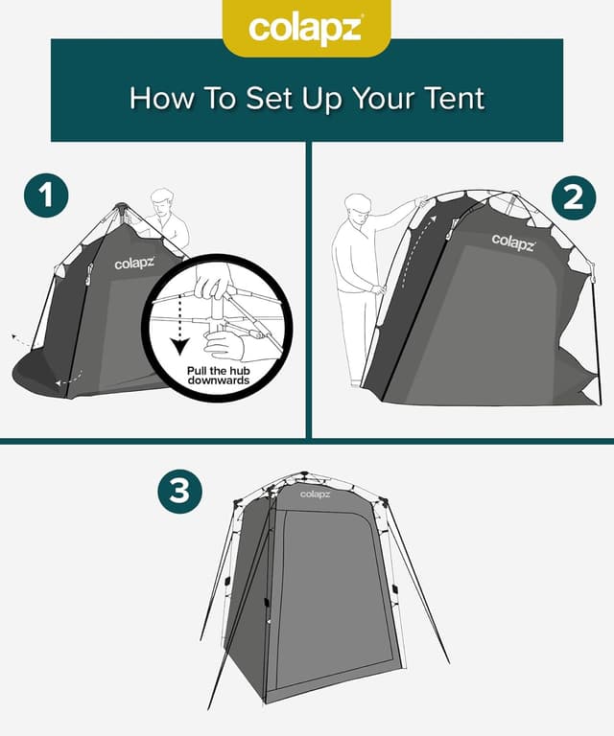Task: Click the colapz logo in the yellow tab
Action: (306, 28)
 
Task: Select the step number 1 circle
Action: (46, 196)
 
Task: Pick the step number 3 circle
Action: (179, 491)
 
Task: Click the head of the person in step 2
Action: (358, 207)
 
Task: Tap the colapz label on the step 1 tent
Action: (133, 263)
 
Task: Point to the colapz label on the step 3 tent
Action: (314, 494)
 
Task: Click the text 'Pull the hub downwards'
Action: (219, 375)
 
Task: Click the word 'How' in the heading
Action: (155, 98)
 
